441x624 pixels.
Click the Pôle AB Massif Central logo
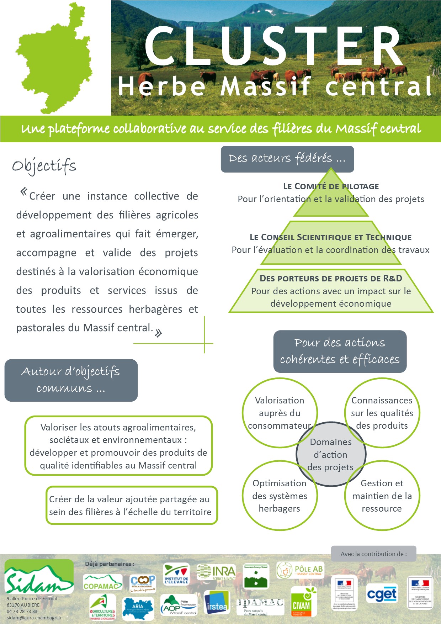click(x=301, y=570)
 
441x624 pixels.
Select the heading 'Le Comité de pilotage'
click(x=331, y=186)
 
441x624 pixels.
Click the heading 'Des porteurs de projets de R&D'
click(x=331, y=278)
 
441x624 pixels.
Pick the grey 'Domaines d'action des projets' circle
click(x=331, y=455)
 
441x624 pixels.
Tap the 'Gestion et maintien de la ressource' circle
click(x=382, y=496)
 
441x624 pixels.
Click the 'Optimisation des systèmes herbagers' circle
click(x=280, y=496)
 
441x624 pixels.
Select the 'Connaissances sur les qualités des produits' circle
click(x=382, y=413)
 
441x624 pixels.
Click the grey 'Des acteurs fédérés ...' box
click(x=287, y=159)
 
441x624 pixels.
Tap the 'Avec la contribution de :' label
click(x=373, y=554)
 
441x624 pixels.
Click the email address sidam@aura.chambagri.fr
click(x=34, y=618)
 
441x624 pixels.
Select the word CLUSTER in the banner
click(x=274, y=46)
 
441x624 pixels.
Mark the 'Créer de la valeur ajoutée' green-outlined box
click(x=132, y=506)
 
